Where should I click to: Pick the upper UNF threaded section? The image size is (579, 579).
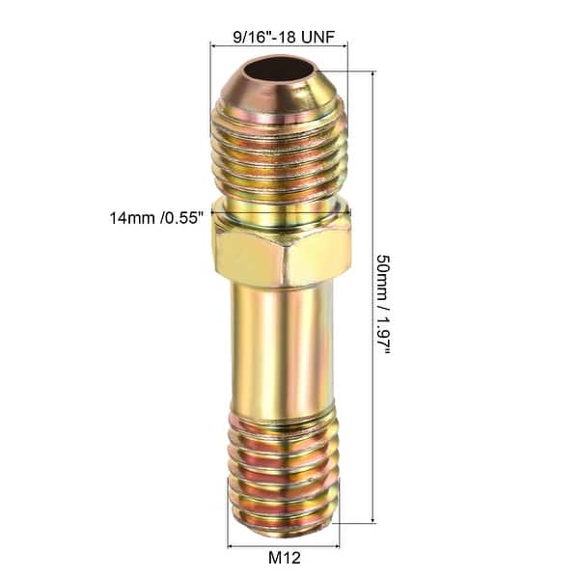(x=280, y=154)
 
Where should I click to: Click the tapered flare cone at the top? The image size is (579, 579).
(x=280, y=96)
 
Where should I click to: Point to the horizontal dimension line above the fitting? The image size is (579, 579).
(x=278, y=44)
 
